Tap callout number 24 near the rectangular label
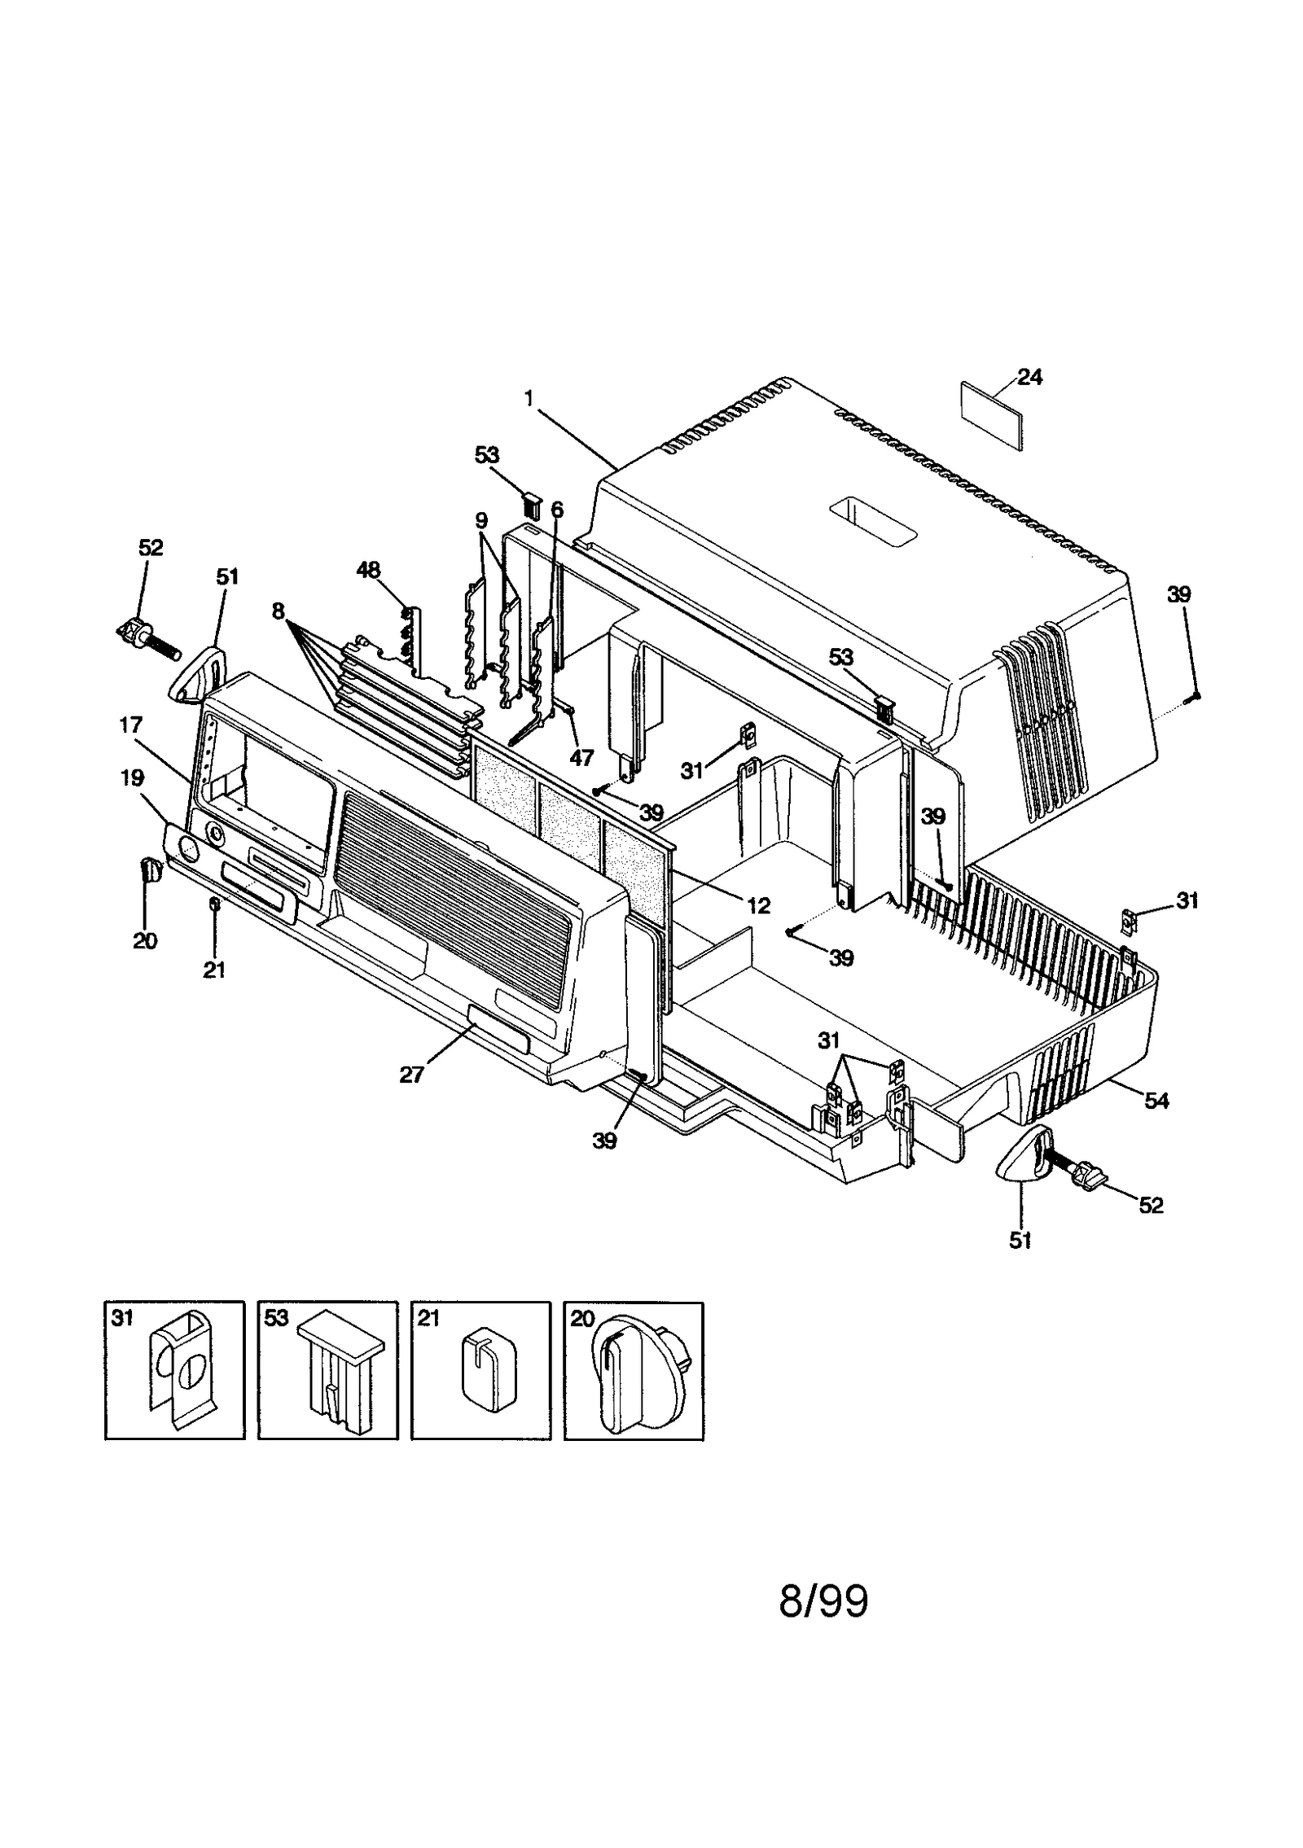pyautogui.click(x=1029, y=377)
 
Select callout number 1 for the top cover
pyautogui.click(x=530, y=398)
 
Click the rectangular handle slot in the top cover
pyautogui.click(x=872, y=524)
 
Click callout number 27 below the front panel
pyautogui.click(x=411, y=1075)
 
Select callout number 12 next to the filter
pyautogui.click(x=758, y=905)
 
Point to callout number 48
pyautogui.click(x=368, y=570)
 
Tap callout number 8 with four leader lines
pyautogui.click(x=279, y=611)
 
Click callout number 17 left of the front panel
pyautogui.click(x=130, y=725)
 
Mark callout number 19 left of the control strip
pyautogui.click(x=131, y=777)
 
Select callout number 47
pyautogui.click(x=581, y=757)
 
